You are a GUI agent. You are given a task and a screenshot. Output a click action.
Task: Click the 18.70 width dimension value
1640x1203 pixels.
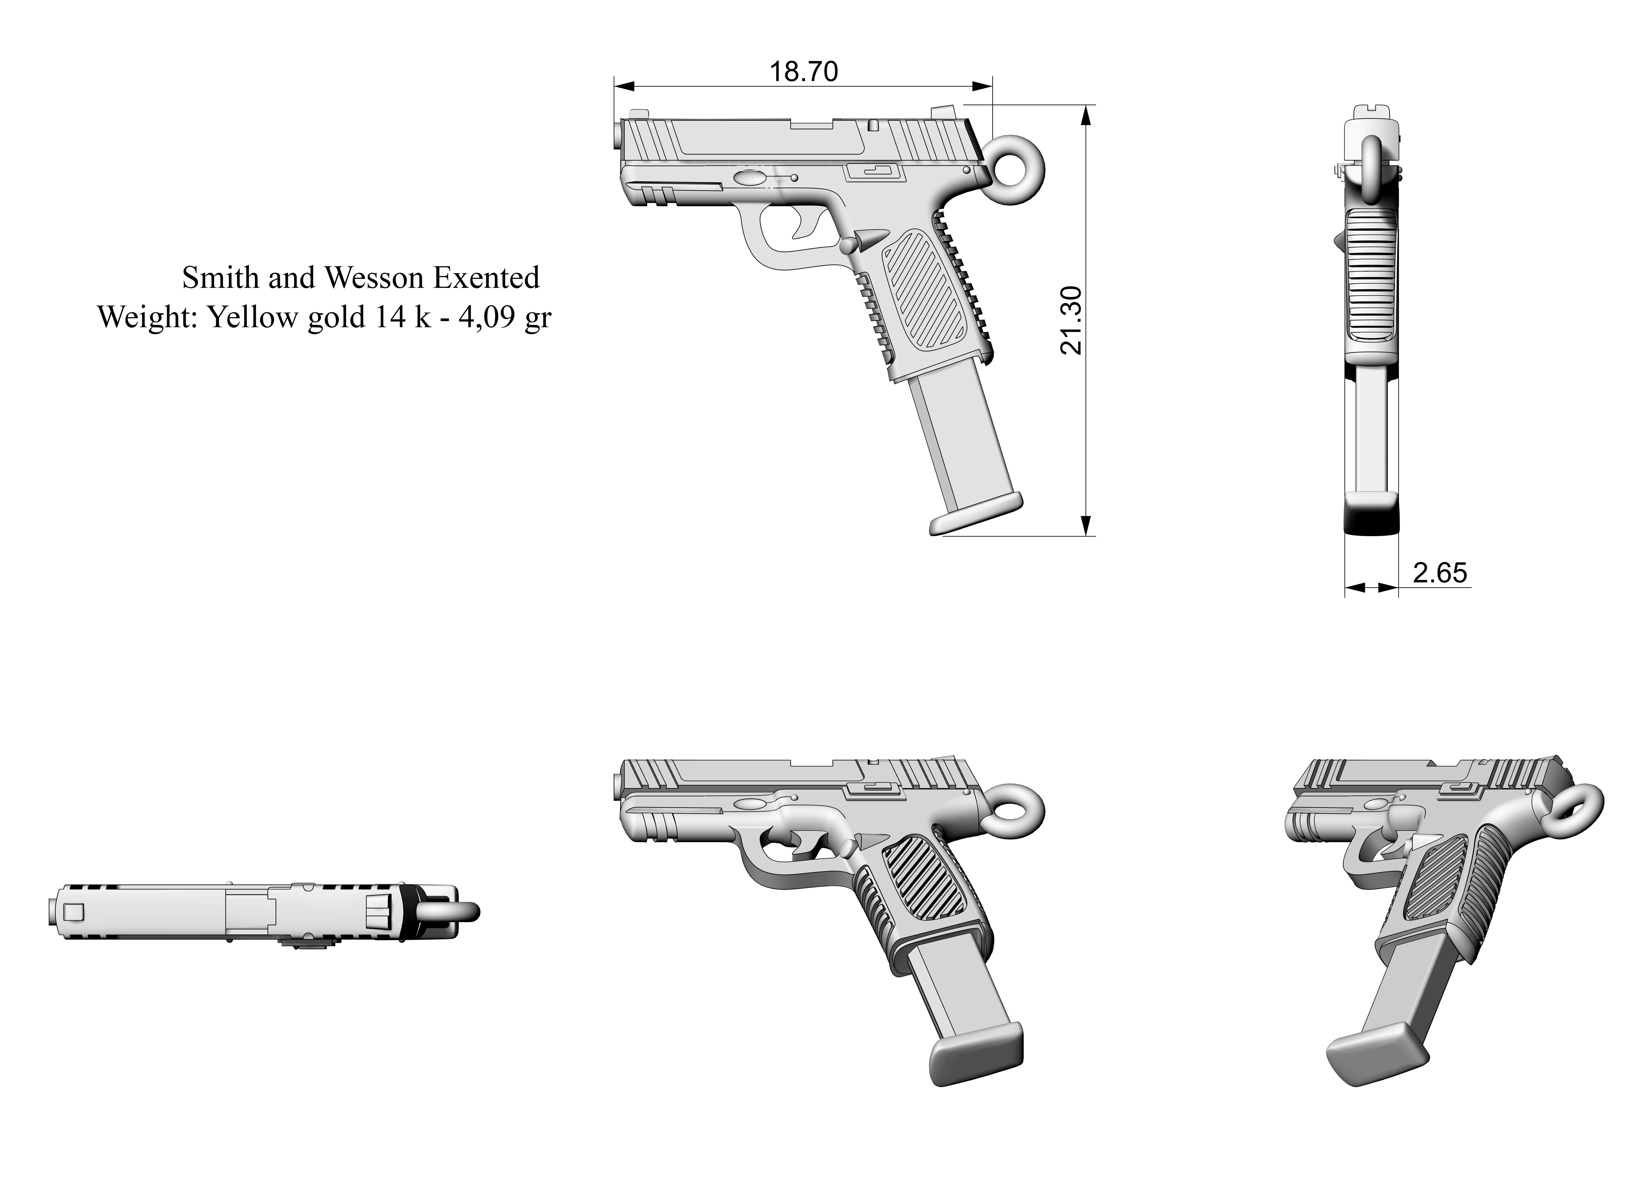click(x=804, y=71)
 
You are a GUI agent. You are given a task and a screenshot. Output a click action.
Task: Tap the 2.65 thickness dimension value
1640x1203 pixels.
click(x=1439, y=573)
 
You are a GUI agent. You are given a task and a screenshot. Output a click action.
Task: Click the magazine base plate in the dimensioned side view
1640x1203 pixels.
click(x=975, y=515)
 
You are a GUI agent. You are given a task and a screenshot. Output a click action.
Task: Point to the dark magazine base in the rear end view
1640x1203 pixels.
click(x=1371, y=518)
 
